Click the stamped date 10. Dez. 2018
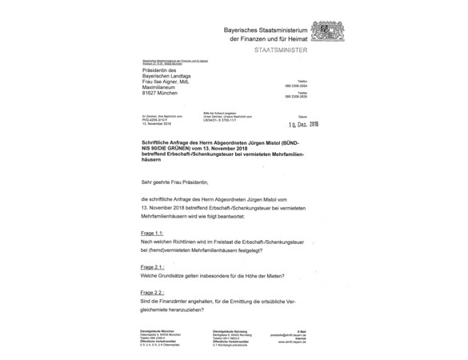click(x=303, y=125)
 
